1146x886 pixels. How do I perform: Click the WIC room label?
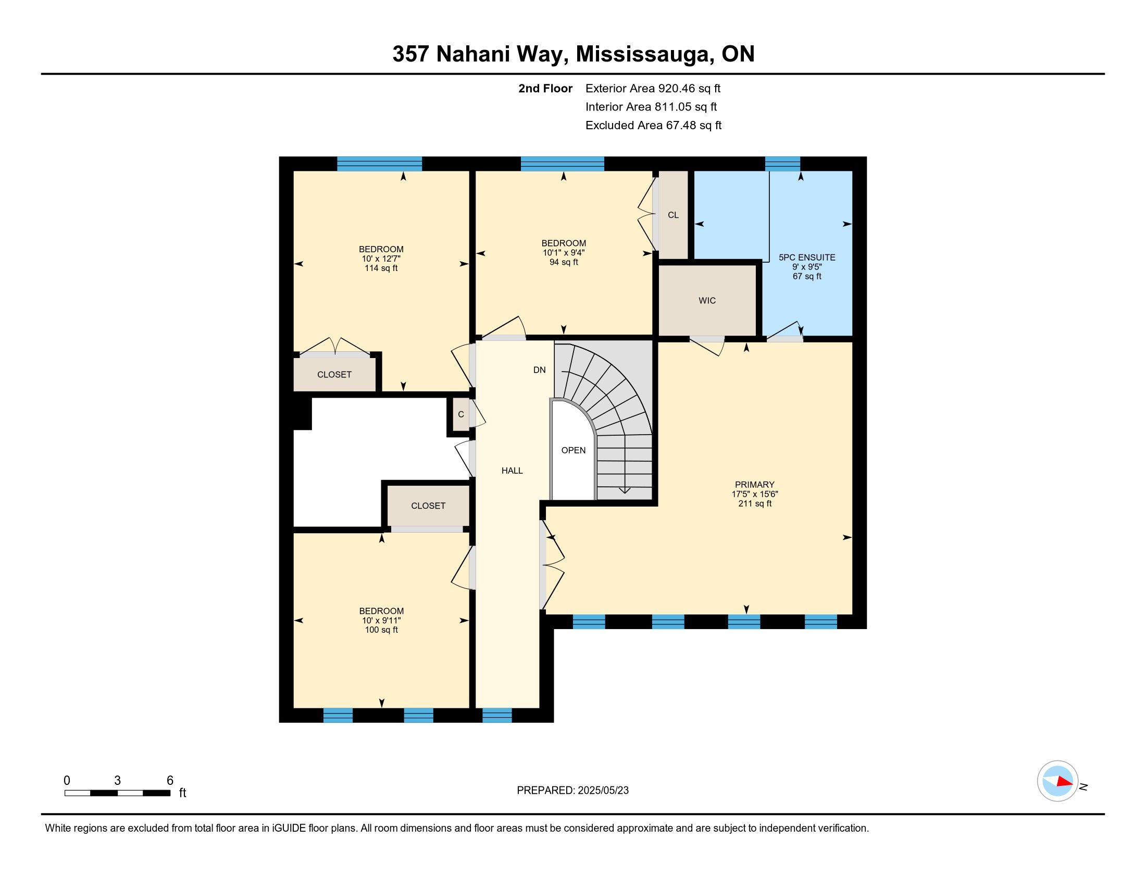pyautogui.click(x=707, y=301)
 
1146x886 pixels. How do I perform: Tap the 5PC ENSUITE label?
pyautogui.click(x=806, y=257)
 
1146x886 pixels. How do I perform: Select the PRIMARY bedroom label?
pyautogui.click(x=755, y=485)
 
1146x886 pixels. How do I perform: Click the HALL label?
pyautogui.click(x=512, y=471)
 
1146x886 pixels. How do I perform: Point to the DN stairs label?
pyautogui.click(x=540, y=370)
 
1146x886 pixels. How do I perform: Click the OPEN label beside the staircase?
pyautogui.click(x=574, y=450)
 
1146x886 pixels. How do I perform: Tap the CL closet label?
pyautogui.click(x=673, y=215)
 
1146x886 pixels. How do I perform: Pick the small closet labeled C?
pyautogui.click(x=460, y=414)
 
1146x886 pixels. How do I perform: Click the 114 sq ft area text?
pyautogui.click(x=381, y=268)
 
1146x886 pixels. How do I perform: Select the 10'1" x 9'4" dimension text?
pyautogui.click(x=564, y=252)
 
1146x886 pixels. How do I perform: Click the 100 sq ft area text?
pyautogui.click(x=381, y=630)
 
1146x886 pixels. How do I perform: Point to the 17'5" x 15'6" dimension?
pyautogui.click(x=755, y=495)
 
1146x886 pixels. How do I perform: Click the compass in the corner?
pyautogui.click(x=1057, y=781)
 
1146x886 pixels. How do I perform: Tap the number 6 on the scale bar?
pyautogui.click(x=169, y=781)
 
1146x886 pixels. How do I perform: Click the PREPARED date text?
pyautogui.click(x=572, y=791)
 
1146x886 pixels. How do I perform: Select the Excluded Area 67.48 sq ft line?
pyautogui.click(x=653, y=126)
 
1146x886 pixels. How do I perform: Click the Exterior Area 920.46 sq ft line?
pyautogui.click(x=653, y=89)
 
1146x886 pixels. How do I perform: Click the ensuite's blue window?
pyautogui.click(x=782, y=164)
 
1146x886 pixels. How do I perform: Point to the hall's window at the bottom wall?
pyautogui.click(x=497, y=715)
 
